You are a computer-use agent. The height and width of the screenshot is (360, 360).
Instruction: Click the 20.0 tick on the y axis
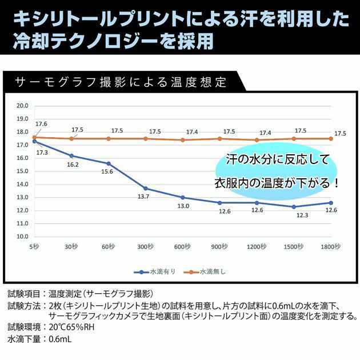23,106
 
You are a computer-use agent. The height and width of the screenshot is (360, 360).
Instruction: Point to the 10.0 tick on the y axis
23,236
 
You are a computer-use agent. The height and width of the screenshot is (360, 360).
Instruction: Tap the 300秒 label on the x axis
146,247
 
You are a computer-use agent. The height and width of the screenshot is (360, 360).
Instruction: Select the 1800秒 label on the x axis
331,247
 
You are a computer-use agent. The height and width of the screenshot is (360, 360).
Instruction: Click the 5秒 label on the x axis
34,247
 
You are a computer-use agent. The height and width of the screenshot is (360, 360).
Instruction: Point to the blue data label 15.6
107,172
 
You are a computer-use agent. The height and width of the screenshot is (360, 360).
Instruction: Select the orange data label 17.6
41,124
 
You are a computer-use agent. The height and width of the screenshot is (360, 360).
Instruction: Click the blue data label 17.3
42,153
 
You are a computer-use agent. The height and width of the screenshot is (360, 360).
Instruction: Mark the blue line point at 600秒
183,197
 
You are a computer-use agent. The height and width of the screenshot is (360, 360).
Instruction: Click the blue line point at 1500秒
294,206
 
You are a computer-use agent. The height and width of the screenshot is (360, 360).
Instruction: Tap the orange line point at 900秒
220,138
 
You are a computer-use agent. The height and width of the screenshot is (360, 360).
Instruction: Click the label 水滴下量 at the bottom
23,339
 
